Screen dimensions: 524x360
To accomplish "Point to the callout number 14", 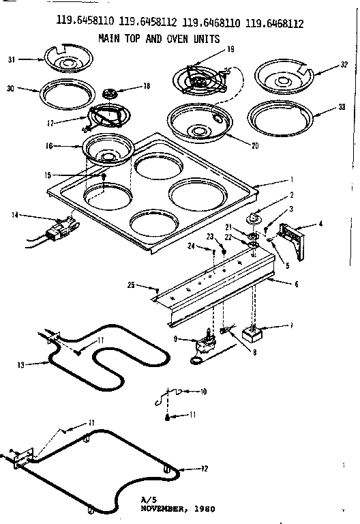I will point(14,215).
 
